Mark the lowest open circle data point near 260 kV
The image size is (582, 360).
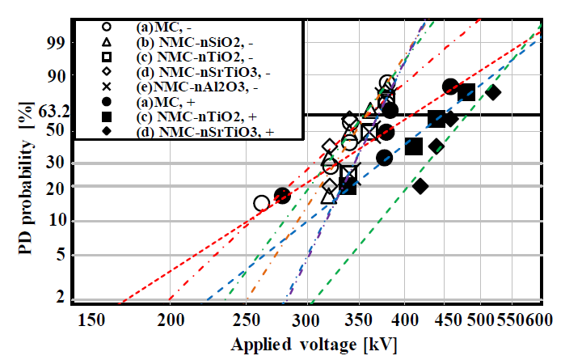click(261, 203)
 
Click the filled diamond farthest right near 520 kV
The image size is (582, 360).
click(492, 92)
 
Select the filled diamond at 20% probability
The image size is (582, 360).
click(420, 186)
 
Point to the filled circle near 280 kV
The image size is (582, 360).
click(282, 196)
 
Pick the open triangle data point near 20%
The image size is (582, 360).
click(328, 195)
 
